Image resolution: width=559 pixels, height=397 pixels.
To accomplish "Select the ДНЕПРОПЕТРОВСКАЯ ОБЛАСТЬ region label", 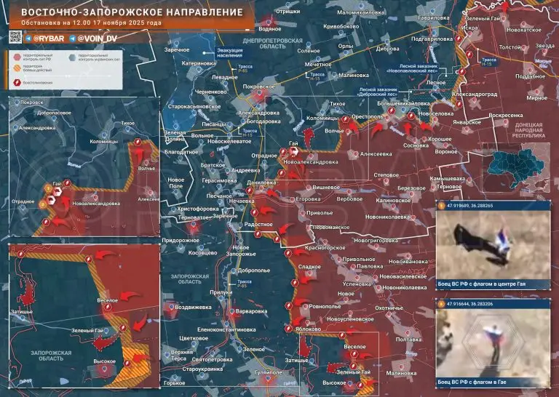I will tap(268, 42).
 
